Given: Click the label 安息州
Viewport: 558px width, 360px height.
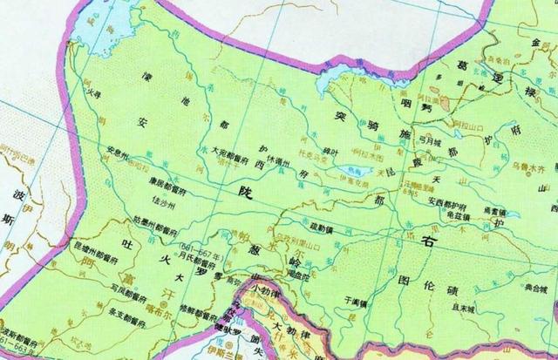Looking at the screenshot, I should pos(119,149).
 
